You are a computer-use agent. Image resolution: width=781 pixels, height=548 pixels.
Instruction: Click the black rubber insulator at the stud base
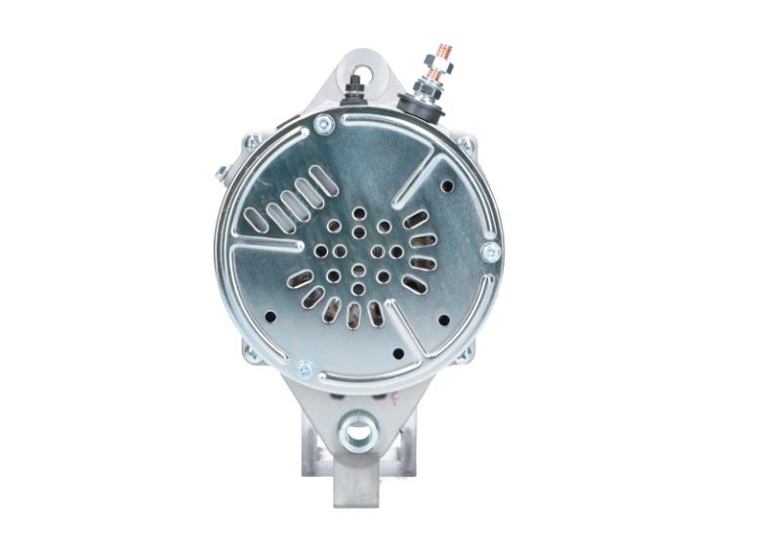click(x=422, y=103)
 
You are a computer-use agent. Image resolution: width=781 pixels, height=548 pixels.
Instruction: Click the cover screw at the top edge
click(x=323, y=124)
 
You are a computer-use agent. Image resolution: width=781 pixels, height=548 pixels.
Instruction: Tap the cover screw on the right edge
click(x=490, y=252)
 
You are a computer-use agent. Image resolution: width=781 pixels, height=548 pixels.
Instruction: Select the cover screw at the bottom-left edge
click(x=305, y=370)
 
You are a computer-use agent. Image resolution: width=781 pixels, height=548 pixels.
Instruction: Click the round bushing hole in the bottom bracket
click(x=358, y=429)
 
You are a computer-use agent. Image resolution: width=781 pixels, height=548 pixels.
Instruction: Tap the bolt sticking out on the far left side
click(x=222, y=174)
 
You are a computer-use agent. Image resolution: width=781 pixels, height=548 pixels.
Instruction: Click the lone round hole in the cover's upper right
click(x=447, y=186)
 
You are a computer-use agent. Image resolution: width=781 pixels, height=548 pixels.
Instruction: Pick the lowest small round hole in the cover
click(x=397, y=354)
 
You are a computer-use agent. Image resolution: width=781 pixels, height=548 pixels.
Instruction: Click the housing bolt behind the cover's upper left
click(x=252, y=143)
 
